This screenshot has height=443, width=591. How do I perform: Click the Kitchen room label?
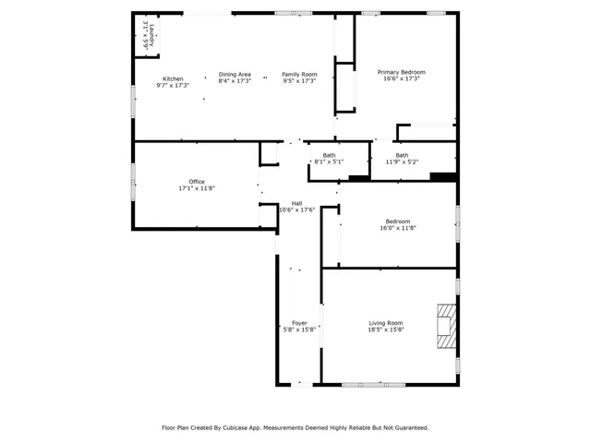click(x=173, y=78)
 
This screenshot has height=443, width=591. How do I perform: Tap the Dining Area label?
click(x=235, y=74)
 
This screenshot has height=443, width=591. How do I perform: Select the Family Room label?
click(x=299, y=74)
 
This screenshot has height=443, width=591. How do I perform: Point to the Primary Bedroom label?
click(x=402, y=72)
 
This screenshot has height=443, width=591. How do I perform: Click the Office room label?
click(x=197, y=182)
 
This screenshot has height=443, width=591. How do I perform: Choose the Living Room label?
click(x=386, y=323)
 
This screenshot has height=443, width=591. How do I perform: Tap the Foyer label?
click(x=299, y=323)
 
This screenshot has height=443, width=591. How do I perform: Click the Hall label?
click(x=297, y=203)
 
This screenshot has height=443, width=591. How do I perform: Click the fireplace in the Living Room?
click(x=447, y=326)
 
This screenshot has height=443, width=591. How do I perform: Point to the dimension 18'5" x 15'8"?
click(x=386, y=329)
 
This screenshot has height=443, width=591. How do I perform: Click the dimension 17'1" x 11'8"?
click(x=197, y=188)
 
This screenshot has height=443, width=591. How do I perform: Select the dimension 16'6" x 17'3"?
click(x=402, y=78)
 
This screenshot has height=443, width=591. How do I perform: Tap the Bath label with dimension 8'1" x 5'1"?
click(x=329, y=155)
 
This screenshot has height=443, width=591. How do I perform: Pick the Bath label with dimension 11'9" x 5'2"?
click(x=402, y=155)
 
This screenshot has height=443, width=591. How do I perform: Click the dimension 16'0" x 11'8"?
click(x=397, y=228)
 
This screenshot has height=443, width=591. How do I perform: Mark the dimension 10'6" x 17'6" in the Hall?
click(x=297, y=210)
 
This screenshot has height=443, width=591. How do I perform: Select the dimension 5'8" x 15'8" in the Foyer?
click(x=299, y=329)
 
